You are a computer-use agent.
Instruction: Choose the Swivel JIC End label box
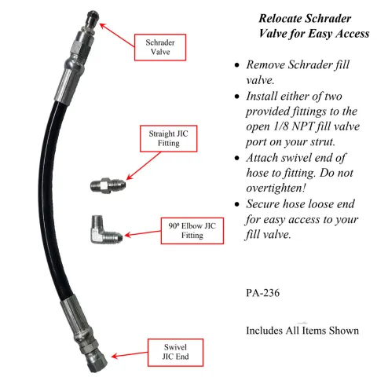tap(177, 353)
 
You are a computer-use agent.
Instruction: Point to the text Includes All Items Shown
tap(302, 330)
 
